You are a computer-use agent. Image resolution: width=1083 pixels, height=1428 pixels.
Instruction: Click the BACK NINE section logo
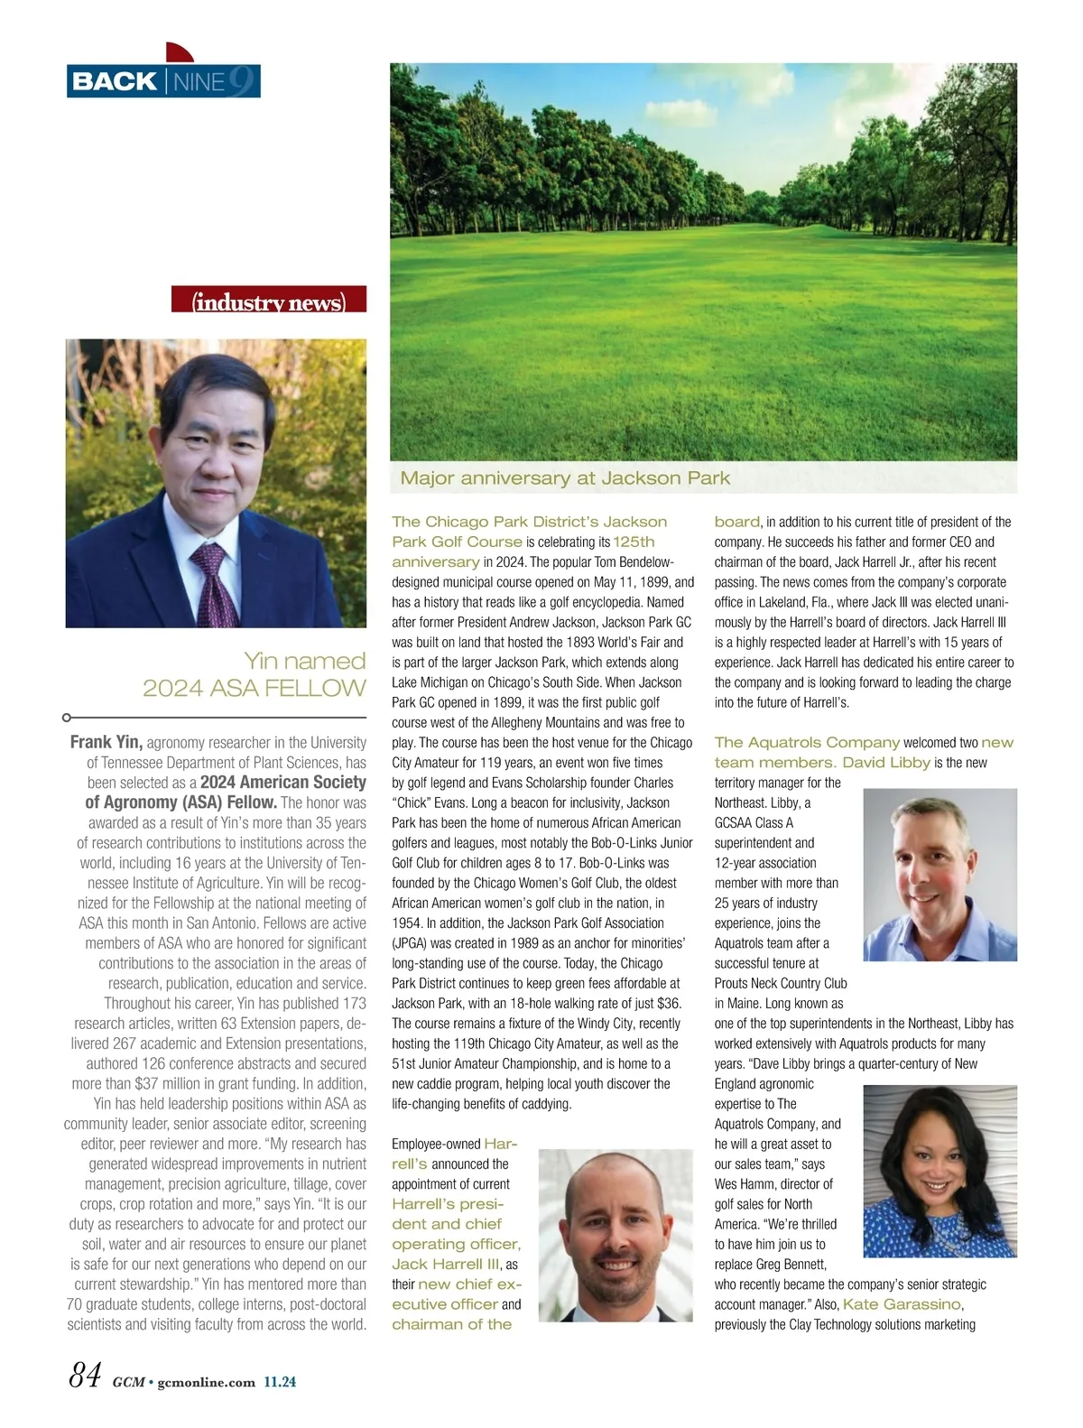point(163,81)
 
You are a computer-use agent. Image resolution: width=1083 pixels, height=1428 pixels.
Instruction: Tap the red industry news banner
point(269,301)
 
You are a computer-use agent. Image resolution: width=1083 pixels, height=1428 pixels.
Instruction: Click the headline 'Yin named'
point(305,661)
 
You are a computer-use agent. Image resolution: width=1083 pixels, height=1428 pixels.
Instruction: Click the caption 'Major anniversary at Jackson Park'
point(565,478)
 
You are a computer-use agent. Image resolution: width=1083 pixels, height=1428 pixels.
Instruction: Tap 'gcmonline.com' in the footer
point(206,1381)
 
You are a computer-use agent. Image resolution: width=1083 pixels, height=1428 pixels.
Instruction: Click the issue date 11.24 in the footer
point(280,1381)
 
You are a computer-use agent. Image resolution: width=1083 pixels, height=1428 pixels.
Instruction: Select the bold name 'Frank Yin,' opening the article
point(106,743)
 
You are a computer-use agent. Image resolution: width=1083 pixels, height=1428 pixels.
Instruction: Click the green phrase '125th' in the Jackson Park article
point(634,542)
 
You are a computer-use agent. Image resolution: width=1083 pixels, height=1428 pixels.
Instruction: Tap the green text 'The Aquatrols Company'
point(807,742)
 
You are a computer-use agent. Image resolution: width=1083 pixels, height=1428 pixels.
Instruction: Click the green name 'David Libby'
point(885,763)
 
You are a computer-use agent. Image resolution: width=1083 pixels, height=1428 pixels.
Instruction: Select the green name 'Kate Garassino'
point(902,1304)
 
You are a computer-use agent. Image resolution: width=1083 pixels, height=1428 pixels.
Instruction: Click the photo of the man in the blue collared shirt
point(940,875)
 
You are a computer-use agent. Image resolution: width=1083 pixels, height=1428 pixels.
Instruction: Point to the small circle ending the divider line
point(67,718)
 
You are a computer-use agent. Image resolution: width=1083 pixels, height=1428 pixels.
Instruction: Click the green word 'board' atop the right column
point(736,522)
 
